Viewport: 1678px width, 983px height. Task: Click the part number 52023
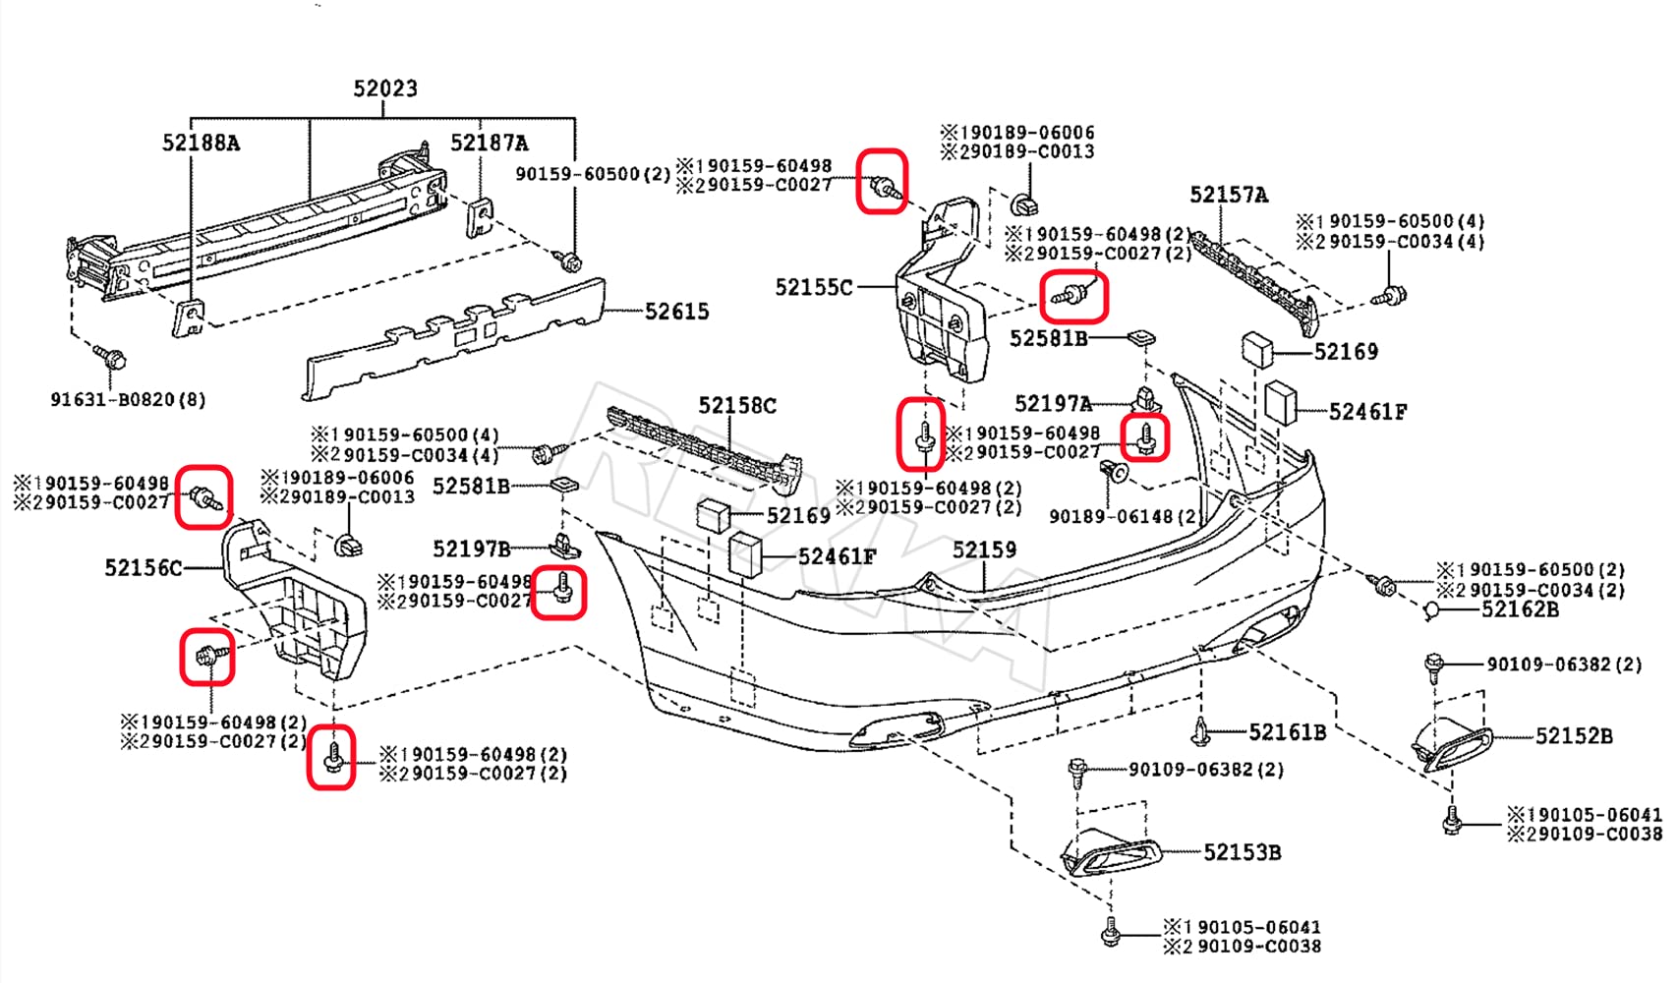[x=385, y=88]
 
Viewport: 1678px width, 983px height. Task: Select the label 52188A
[x=201, y=143]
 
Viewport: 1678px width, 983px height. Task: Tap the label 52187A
[x=489, y=143]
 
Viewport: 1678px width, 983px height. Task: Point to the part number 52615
[x=676, y=312]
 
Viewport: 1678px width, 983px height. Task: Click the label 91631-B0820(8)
[x=128, y=399]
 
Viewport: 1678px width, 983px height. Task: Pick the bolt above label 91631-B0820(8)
[x=108, y=355]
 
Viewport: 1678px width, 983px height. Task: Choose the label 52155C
[x=814, y=287]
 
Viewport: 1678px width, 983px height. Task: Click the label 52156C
[x=144, y=567]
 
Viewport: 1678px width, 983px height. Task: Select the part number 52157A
[x=1229, y=195]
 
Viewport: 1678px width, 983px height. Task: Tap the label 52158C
[x=737, y=405]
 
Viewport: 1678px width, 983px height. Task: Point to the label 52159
[x=984, y=549]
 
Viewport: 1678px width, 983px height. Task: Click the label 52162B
[x=1520, y=609]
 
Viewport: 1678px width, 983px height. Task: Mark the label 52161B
[x=1287, y=732]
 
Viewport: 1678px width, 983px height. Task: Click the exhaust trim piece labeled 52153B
[x=1111, y=853]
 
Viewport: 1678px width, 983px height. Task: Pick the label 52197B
[x=472, y=549]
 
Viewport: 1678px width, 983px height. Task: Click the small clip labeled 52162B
[x=1432, y=610]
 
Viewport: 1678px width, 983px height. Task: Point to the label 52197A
[x=1053, y=403]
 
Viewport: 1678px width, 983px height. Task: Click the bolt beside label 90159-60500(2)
[x=569, y=261]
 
